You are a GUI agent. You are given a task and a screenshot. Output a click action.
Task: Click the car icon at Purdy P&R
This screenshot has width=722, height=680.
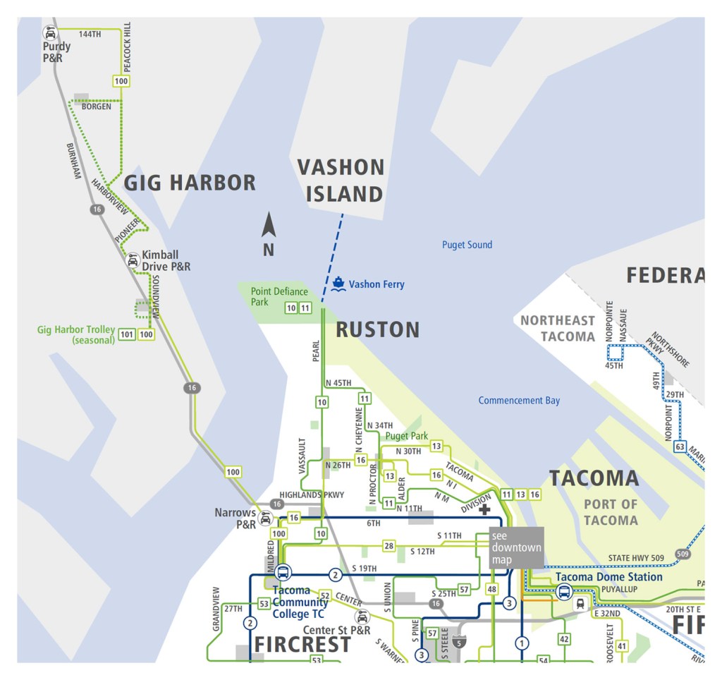(x=50, y=32)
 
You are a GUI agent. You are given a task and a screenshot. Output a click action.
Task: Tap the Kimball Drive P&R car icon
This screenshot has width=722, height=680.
(x=132, y=261)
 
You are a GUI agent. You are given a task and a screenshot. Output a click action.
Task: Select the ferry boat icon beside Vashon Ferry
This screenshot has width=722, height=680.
(x=338, y=284)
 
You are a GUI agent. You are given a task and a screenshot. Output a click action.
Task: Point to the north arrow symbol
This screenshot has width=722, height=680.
(x=269, y=227)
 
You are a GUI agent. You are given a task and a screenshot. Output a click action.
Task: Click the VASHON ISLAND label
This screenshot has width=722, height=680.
(x=341, y=181)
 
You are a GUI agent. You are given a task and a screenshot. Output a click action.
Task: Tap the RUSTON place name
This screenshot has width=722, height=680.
(x=377, y=329)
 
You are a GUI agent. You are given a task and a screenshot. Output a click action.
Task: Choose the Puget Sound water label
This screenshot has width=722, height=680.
(x=467, y=245)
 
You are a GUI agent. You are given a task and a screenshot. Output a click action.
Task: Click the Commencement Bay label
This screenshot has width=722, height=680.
(x=519, y=401)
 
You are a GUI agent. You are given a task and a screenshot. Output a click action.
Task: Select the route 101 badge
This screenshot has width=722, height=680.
(x=127, y=334)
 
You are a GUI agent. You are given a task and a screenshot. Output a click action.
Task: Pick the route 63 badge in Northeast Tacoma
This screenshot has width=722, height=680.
(x=680, y=447)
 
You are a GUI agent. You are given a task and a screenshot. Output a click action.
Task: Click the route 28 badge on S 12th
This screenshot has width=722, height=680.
(x=388, y=546)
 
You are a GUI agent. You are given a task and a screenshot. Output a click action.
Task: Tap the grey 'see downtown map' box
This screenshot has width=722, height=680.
(x=516, y=547)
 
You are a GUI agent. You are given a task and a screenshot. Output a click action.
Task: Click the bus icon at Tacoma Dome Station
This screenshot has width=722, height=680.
(x=564, y=592)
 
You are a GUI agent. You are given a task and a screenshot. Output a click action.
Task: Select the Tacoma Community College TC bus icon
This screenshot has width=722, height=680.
(x=283, y=573)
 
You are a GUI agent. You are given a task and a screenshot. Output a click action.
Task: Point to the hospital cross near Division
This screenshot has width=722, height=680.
(x=484, y=509)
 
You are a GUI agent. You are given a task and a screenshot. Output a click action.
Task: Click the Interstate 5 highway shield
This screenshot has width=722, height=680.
(x=459, y=642)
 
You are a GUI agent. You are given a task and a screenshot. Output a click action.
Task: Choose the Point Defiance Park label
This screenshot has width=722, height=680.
(x=279, y=296)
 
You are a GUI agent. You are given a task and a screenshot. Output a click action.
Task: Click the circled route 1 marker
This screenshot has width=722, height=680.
(x=522, y=643)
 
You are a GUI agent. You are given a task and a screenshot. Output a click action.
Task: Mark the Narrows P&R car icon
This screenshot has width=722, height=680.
(x=266, y=519)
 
